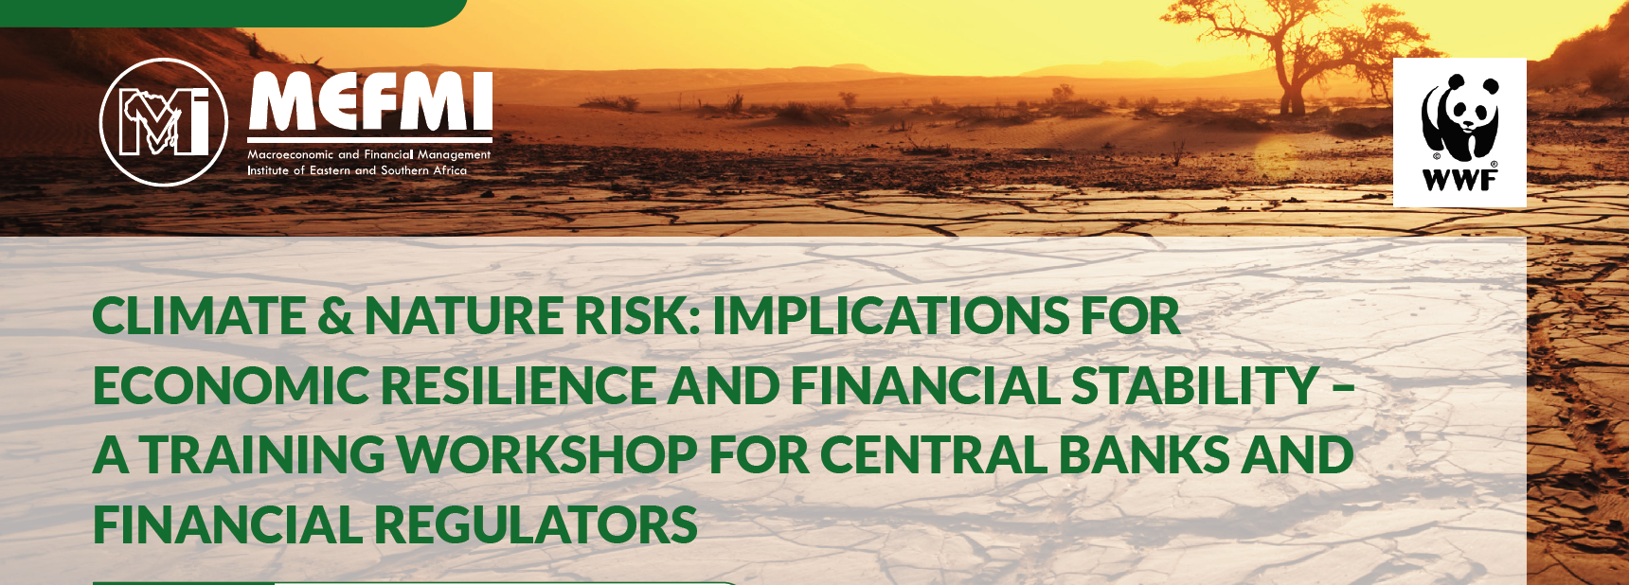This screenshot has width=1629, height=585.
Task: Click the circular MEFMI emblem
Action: coord(164,122)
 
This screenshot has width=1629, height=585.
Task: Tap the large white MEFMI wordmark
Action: coord(370,101)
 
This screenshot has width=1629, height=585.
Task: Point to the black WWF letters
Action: coord(1460,179)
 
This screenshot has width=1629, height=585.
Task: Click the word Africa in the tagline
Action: coord(450,170)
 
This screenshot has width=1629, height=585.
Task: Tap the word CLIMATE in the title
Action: coord(200,315)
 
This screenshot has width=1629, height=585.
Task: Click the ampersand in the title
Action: coord(335,316)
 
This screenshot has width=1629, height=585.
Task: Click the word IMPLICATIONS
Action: coord(891,315)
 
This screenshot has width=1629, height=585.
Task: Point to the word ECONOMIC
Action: coord(231,385)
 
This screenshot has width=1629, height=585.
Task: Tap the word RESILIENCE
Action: coord(519,385)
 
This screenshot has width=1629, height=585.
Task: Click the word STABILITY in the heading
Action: coord(1195,385)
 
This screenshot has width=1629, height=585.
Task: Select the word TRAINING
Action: coord(262,454)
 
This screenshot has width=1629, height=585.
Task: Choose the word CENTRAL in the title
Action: coord(934,454)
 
